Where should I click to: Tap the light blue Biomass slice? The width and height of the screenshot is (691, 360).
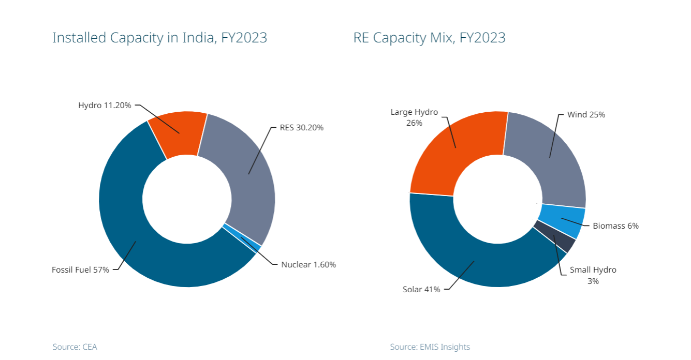[x=562, y=219]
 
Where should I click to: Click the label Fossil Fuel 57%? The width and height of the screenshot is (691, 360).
[x=80, y=269]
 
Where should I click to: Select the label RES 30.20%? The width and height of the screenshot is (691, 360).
[x=302, y=128]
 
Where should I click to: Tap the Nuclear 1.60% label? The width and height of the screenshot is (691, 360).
[x=308, y=264]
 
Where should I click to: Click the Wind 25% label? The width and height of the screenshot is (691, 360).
[x=586, y=115]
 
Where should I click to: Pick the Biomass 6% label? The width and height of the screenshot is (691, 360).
[x=615, y=226]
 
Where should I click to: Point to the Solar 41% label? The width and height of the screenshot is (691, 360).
[x=421, y=289]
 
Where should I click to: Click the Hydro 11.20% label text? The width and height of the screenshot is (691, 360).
[x=106, y=105]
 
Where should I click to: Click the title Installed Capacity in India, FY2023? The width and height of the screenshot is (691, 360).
[x=159, y=38]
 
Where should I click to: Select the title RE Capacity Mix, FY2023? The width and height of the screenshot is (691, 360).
[x=429, y=38]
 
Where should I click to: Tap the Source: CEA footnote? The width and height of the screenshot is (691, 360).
[x=75, y=347]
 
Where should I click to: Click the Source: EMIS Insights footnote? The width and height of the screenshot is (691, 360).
[x=430, y=347]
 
